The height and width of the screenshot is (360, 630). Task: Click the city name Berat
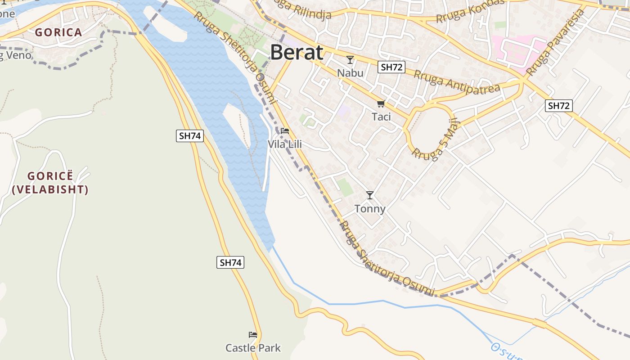coord(297,53)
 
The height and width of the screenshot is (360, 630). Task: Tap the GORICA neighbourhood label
coord(58,32)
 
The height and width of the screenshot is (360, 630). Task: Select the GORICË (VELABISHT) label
coord(50,183)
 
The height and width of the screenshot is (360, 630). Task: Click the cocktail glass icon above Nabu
coord(350,59)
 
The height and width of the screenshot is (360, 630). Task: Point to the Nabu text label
coord(350,72)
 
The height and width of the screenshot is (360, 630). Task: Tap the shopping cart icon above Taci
coord(381,104)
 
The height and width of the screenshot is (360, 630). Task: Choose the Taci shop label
coord(381,117)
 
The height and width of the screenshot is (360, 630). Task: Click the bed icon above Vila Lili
coord(285,131)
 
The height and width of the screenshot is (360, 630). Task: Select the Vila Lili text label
coord(285,144)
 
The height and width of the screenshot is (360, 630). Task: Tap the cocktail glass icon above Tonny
coord(370,195)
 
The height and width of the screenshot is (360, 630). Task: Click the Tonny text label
coord(370,209)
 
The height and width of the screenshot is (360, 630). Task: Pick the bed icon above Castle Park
coord(253,335)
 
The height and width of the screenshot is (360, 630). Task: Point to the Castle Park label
coord(253,348)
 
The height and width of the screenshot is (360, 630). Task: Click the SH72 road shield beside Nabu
coord(391,67)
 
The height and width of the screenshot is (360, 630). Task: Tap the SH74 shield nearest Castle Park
coord(230,262)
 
